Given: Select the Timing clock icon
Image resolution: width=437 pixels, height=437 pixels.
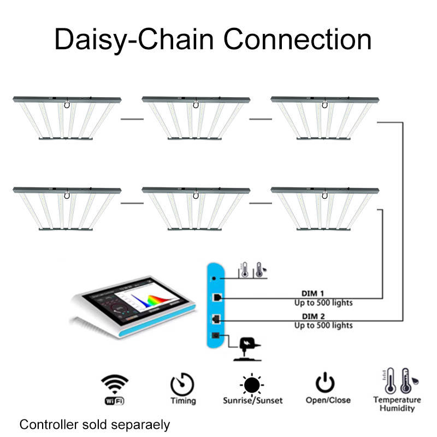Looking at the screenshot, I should point(182,383).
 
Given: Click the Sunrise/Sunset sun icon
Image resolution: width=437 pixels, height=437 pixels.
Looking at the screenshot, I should point(252,383).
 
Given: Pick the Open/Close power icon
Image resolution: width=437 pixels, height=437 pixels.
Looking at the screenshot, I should point(328,382).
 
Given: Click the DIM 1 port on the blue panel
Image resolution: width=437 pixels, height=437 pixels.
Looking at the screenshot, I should point(217,297).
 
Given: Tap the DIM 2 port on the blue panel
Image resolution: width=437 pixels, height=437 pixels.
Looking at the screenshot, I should point(217,318).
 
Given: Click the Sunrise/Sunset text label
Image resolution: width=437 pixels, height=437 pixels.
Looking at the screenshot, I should point(252,400).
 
